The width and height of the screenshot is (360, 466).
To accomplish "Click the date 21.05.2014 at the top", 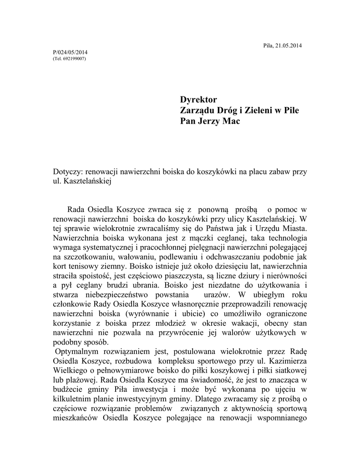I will tap(289, 45).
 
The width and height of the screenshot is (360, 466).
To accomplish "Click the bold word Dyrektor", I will tap(198, 100).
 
